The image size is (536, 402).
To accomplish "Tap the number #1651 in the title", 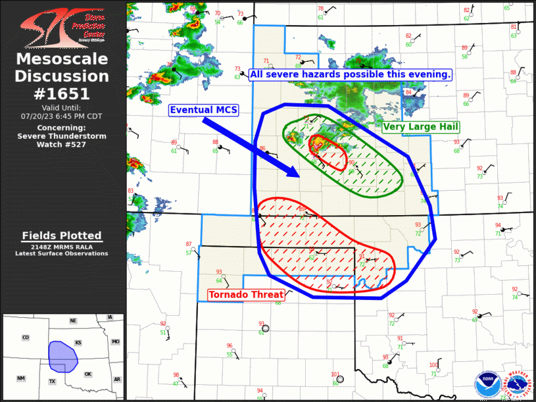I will pyautogui.click(x=62, y=93).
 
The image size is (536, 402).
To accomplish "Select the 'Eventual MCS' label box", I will pyautogui.click(x=204, y=110).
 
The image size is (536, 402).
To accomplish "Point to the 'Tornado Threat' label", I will pyautogui.click(x=246, y=295).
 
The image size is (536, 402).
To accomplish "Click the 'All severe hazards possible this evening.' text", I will pyautogui.click(x=350, y=74).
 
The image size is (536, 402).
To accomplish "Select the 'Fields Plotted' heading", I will pyautogui.click(x=62, y=236).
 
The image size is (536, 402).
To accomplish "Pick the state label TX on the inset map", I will pyautogui.click(x=52, y=382).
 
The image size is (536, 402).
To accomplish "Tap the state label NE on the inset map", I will pyautogui.click(x=74, y=320).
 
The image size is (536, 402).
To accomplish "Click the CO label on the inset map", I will pyautogui.click(x=26, y=338).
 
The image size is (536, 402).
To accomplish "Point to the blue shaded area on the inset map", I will pyautogui.click(x=63, y=355).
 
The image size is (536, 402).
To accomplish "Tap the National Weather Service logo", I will pyautogui.click(x=518, y=384).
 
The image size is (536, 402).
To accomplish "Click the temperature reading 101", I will pyautogui.click(x=335, y=374).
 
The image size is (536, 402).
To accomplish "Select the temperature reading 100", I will pyautogui.click(x=433, y=365).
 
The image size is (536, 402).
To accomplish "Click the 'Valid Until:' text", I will pyautogui.click(x=62, y=107).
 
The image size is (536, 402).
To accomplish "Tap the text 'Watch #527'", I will pyautogui.click(x=62, y=144).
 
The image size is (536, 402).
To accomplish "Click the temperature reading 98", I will pyautogui.click(x=176, y=374).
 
